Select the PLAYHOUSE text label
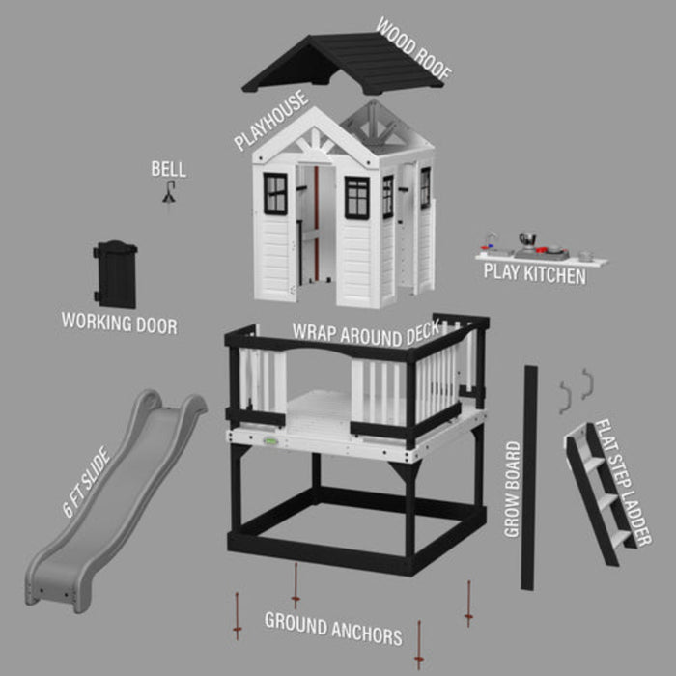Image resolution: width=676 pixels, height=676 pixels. pyautogui.click(x=270, y=122)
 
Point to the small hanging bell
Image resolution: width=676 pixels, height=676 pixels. pyautogui.click(x=168, y=195)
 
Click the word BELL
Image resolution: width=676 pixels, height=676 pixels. pyautogui.click(x=168, y=170)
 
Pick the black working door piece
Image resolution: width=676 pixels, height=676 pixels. pyautogui.click(x=116, y=274)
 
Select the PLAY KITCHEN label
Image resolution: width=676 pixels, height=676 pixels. pyautogui.click(x=534, y=275)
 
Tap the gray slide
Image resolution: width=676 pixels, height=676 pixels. pyautogui.click(x=106, y=502)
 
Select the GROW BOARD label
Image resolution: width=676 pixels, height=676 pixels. pyautogui.click(x=512, y=489)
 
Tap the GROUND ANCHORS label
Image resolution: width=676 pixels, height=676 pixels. pyautogui.click(x=333, y=629)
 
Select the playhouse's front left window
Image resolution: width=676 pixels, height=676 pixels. pyautogui.click(x=275, y=193)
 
